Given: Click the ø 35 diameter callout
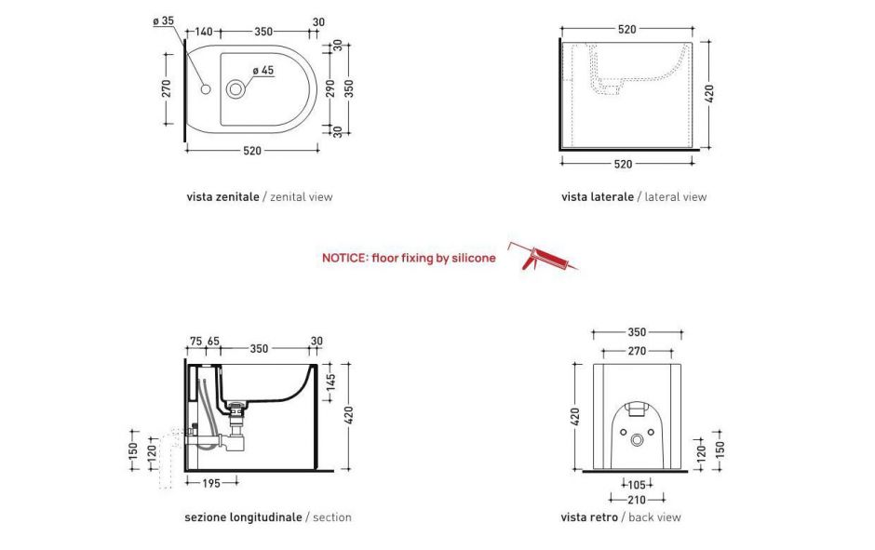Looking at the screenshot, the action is coord(164,21).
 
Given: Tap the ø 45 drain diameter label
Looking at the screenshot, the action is coord(262,71).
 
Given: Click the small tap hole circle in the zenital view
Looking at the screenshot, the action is coord(206,89).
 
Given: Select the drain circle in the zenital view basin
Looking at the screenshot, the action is coord(236,88).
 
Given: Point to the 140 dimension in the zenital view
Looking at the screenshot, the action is coord(203,32).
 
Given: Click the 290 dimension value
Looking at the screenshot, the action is coord(330,88).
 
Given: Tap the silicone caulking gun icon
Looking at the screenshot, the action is coord(543,257).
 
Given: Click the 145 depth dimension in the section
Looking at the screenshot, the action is coord(330,382).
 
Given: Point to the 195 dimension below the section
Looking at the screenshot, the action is coord(211,484).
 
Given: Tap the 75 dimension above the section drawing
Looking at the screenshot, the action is coord(195,342).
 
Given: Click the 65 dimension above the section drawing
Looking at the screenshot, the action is coord(213,342).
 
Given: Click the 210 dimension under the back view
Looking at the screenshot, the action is coord(637,500).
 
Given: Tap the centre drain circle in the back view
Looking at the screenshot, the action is coord(637,441).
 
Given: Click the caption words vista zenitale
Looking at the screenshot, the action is coord(222,197).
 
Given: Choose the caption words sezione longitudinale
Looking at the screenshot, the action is coord(243,517).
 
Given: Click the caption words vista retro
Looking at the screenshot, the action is coord(589,517).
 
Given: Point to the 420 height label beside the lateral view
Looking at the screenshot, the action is coord(709,94).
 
